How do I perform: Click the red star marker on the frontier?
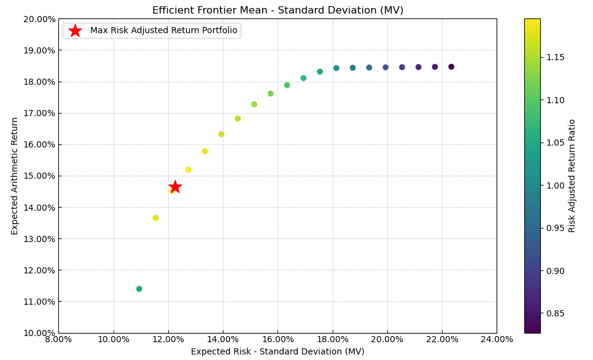click(x=175, y=187)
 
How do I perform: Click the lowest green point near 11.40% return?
click(x=139, y=289)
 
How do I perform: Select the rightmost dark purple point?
click(x=451, y=67)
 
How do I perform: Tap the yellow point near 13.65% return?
click(x=155, y=218)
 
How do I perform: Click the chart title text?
click(x=277, y=10)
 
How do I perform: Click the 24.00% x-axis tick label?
click(x=497, y=339)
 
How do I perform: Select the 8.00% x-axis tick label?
click(x=58, y=339)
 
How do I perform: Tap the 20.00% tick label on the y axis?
click(x=39, y=19)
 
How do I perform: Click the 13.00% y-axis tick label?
click(x=39, y=239)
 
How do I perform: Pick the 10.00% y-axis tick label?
click(x=39, y=333)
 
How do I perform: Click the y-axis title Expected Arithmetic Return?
click(x=15, y=176)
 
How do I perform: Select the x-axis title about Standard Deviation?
click(x=277, y=352)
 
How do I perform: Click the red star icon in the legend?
click(x=75, y=31)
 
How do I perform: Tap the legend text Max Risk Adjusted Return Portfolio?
click(x=163, y=31)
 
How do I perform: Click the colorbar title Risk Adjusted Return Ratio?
click(x=572, y=176)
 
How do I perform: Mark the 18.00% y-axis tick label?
click(x=39, y=82)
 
